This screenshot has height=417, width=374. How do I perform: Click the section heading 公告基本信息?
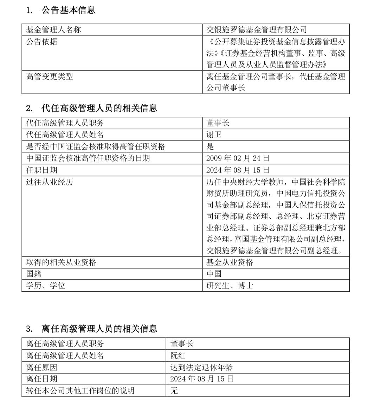click(68, 10)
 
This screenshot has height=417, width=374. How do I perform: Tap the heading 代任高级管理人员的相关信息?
click(99, 108)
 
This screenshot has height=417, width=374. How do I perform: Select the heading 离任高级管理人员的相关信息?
click(99, 329)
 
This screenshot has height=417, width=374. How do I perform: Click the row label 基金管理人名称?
click(53, 30)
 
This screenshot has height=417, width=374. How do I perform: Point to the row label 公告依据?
click(42, 42)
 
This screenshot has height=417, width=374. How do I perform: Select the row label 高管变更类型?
click(50, 76)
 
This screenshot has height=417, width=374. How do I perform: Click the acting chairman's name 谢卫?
click(214, 135)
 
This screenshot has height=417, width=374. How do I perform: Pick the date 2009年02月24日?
click(238, 158)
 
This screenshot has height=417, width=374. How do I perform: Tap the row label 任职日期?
click(42, 170)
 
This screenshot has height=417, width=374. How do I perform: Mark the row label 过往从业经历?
click(50, 182)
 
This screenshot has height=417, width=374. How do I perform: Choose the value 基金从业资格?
click(230, 262)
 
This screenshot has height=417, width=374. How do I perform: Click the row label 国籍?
click(34, 274)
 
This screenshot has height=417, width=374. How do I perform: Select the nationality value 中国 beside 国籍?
click(214, 274)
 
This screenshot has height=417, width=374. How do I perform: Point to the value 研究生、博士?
click(230, 285)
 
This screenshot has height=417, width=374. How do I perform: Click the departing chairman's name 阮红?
click(178, 355)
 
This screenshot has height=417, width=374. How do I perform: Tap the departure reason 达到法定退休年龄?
click(201, 367)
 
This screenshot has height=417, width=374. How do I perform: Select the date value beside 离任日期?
click(202, 379)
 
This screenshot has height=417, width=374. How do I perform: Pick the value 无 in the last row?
click(174, 391)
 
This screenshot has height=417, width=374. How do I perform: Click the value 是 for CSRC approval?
click(210, 146)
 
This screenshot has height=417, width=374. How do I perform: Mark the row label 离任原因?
click(42, 367)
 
